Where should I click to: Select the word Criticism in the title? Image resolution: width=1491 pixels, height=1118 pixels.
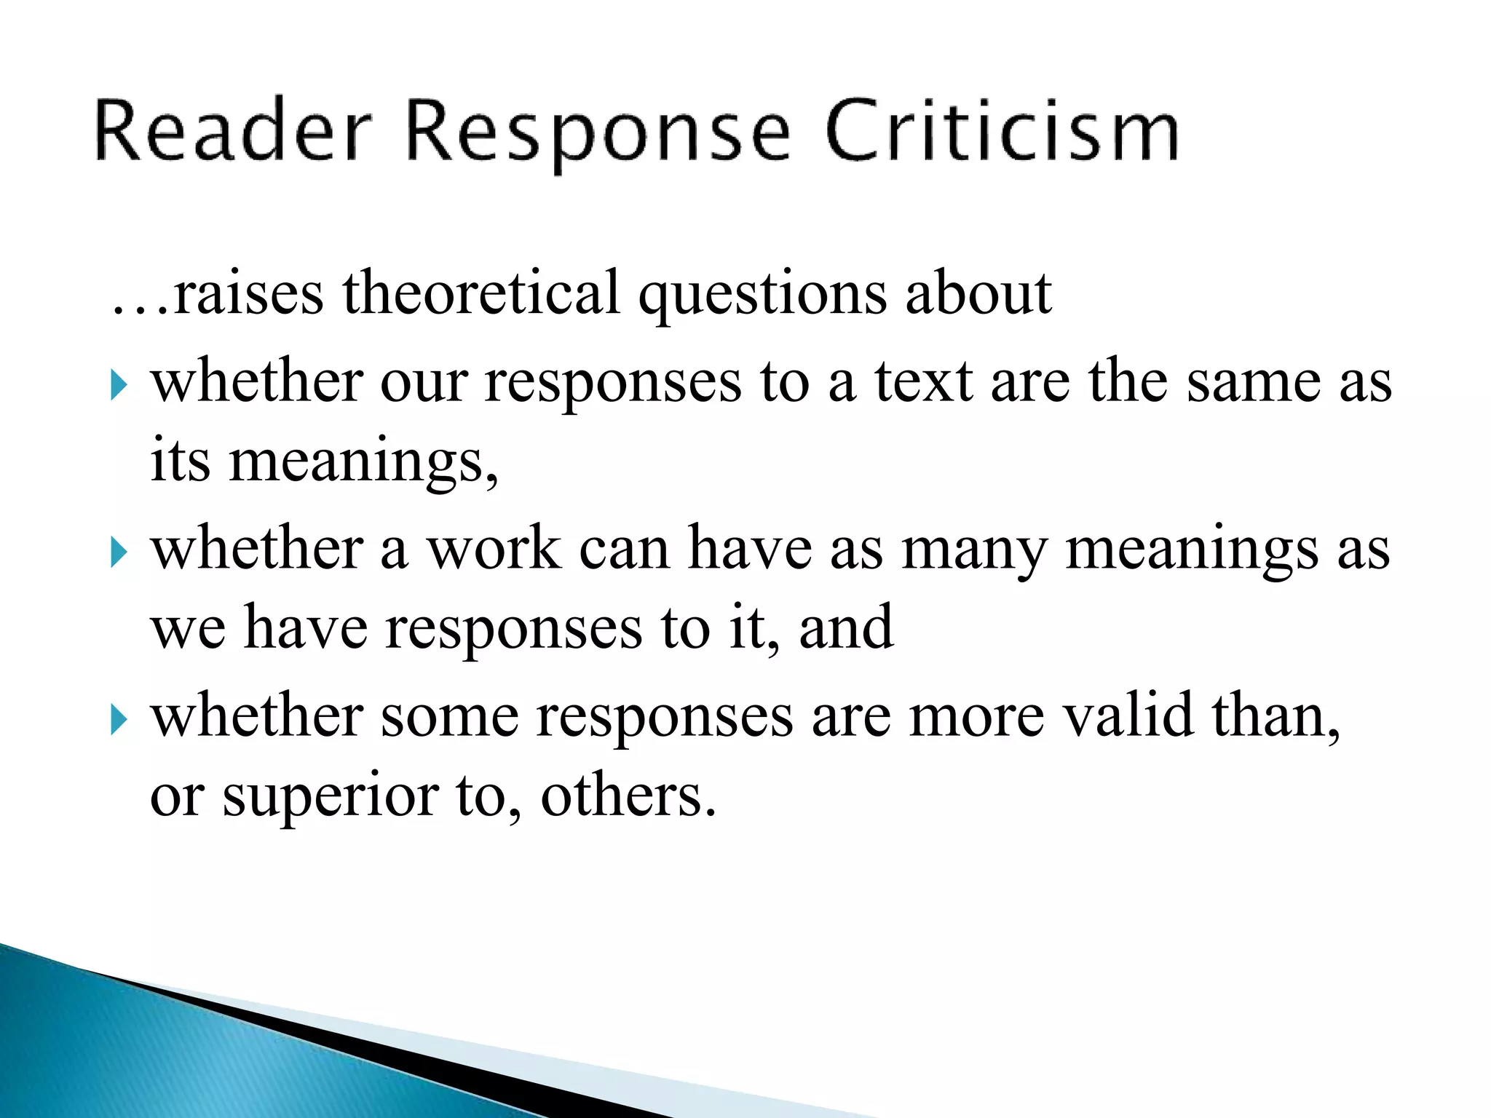[x=1002, y=131]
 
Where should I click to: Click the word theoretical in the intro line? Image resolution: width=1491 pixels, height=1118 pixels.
[x=481, y=293]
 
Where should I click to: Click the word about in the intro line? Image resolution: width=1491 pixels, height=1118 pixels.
[x=978, y=293]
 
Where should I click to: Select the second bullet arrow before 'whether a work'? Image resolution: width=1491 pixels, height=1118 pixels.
[x=119, y=552]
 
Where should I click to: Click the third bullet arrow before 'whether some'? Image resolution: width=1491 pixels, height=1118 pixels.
[x=119, y=720]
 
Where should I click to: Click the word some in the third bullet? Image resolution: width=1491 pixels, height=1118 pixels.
[x=449, y=716]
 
